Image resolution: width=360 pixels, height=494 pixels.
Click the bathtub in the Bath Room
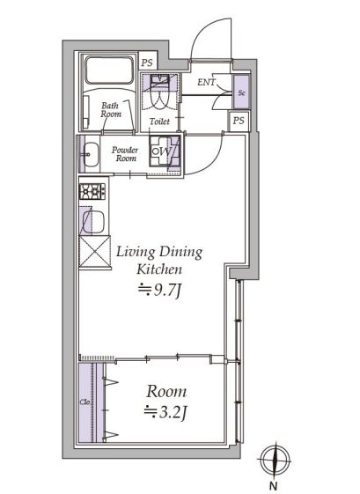[x=109, y=70]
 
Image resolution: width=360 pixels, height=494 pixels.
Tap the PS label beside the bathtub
[x=147, y=63]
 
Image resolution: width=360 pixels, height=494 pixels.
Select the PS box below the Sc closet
[x=239, y=121]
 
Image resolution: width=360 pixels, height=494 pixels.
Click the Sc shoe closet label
[x=241, y=93]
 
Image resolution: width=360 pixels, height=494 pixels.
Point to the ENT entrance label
[x=206, y=82]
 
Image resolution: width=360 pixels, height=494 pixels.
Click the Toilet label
[x=159, y=122]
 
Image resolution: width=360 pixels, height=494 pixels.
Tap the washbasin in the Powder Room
[x=91, y=154]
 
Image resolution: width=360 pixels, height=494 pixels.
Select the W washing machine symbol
[x=165, y=151]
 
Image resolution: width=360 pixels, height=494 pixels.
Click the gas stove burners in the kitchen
[x=92, y=191]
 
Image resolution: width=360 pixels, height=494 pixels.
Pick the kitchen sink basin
[x=93, y=222]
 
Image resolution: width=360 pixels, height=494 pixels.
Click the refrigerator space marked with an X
[x=94, y=252]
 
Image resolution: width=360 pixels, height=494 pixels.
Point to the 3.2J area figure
[x=165, y=412]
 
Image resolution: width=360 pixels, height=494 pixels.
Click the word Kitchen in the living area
[x=159, y=270]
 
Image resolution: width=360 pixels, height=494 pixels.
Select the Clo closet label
[x=84, y=402]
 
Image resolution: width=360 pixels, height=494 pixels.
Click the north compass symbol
[x=275, y=460]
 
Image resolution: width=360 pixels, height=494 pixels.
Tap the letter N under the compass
[x=274, y=486]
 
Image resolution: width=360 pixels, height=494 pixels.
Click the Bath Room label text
[x=111, y=110]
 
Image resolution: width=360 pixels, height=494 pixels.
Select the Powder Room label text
[x=125, y=154]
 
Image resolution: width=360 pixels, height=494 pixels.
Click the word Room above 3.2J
[x=166, y=392]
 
